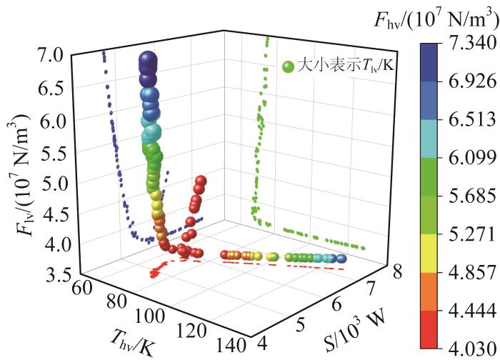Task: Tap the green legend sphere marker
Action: point(288,66)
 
